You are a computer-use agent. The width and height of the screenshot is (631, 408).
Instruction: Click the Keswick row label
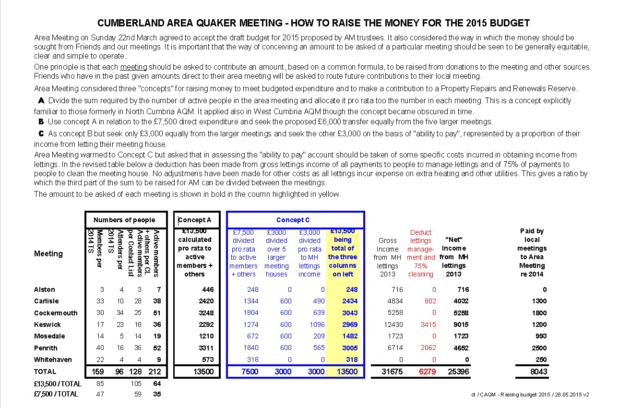pyautogui.click(x=47, y=324)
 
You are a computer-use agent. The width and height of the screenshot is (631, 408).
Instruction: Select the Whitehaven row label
pyautogui.click(x=53, y=360)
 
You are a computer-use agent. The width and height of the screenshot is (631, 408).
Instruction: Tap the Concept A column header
pyautogui.click(x=195, y=220)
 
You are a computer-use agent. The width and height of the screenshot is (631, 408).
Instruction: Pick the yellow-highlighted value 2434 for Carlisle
pyautogui.click(x=349, y=301)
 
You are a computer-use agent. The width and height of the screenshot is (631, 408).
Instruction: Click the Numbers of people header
pyautogui.click(x=124, y=220)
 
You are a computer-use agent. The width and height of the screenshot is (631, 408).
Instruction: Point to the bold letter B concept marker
pyautogui.click(x=41, y=121)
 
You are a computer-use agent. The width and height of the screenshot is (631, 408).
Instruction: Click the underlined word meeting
pyautogui.click(x=133, y=67)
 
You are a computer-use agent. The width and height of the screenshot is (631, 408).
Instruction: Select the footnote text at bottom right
pyautogui.click(x=530, y=395)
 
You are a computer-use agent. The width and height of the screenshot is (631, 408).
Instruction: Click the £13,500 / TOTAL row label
pyautogui.click(x=58, y=384)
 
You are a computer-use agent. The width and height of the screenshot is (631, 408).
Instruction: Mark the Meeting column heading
pyautogui.click(x=48, y=253)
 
